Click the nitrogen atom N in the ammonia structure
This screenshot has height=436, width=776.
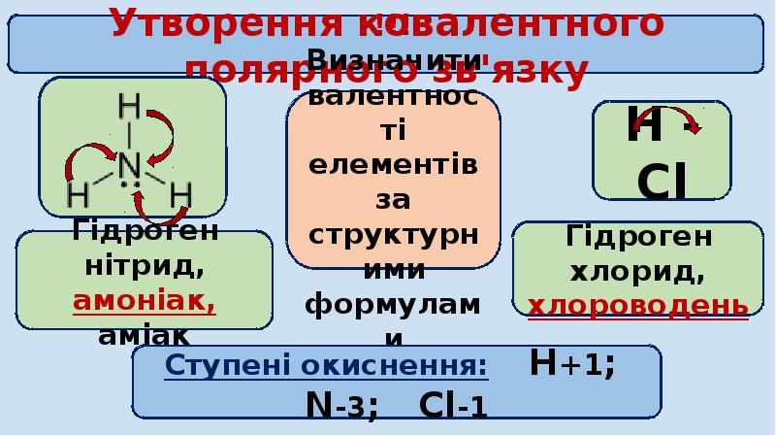click(129, 164)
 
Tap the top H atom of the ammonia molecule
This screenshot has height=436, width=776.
click(129, 104)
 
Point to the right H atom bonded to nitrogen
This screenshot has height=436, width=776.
click(180, 197)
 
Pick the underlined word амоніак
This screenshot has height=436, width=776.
click(145, 300)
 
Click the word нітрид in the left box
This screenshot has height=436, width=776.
click(145, 265)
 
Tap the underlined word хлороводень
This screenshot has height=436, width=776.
click(638, 305)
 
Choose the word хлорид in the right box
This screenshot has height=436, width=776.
click(638, 271)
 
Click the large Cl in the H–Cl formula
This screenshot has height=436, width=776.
click(663, 183)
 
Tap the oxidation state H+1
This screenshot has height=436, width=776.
click(572, 365)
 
